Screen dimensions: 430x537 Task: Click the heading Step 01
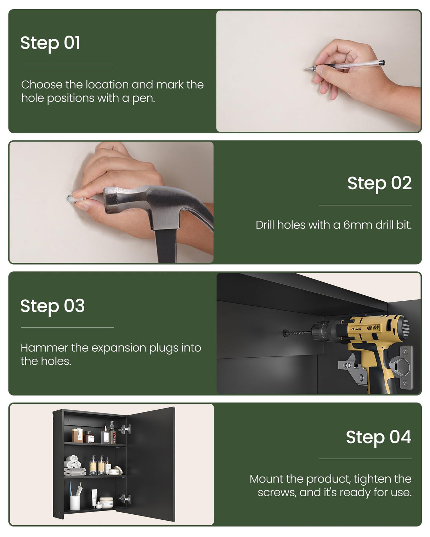[x=50, y=44]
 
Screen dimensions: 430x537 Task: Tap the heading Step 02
[x=379, y=183]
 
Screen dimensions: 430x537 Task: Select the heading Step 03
[x=52, y=306]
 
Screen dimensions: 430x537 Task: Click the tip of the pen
[x=305, y=70]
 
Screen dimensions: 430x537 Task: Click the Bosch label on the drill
[x=356, y=329]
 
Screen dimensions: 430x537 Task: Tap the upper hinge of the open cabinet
[x=125, y=429]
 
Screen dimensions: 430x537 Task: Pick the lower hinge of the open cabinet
[x=125, y=499]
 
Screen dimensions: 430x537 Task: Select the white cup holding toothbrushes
[x=75, y=503]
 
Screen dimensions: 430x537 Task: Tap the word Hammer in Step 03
[x=44, y=348]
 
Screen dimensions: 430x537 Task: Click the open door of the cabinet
[x=151, y=464]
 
